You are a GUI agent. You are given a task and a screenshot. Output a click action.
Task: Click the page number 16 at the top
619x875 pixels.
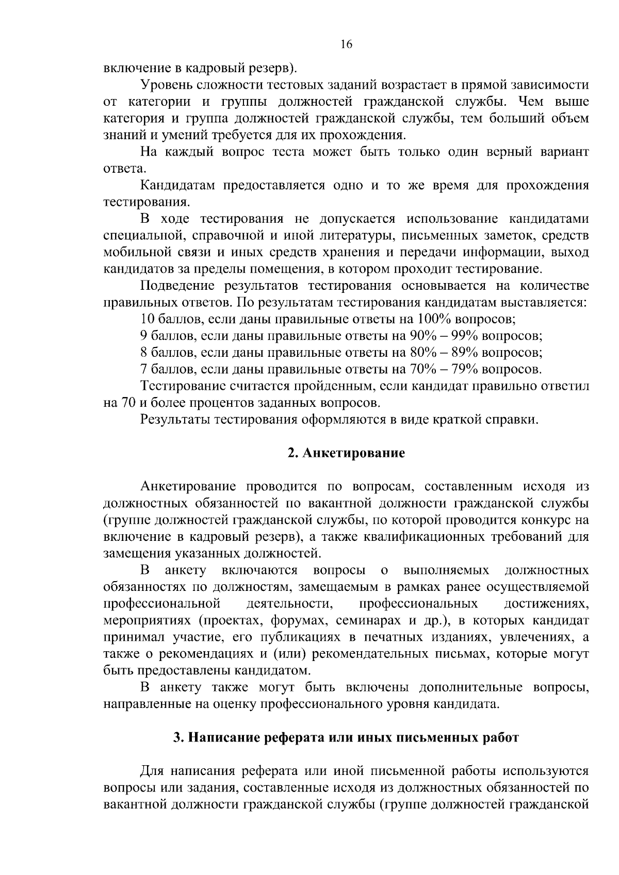point(346,45)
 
